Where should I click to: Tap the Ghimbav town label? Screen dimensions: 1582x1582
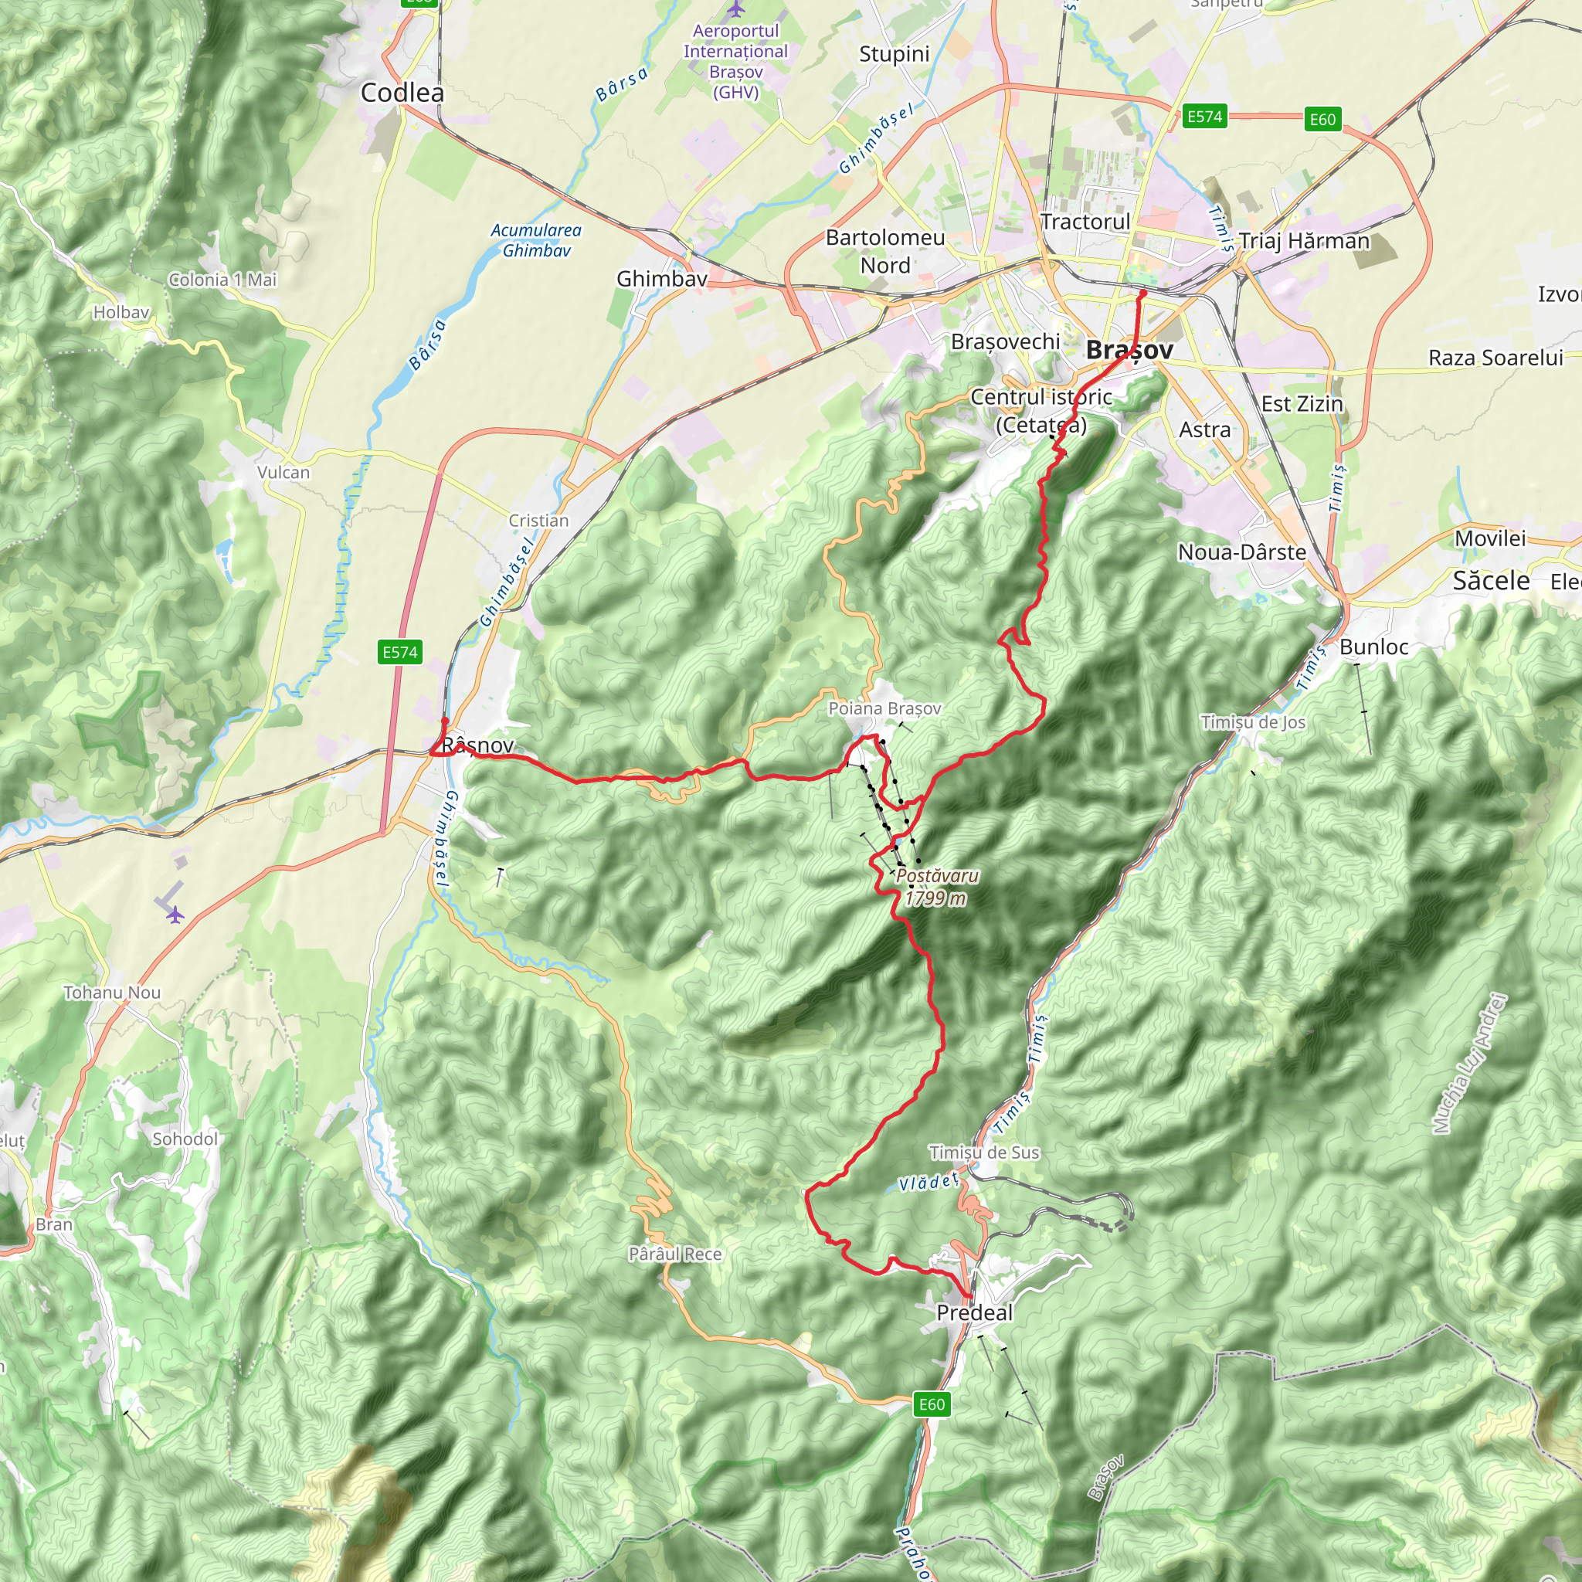(x=662, y=278)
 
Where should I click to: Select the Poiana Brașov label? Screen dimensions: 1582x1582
(x=884, y=708)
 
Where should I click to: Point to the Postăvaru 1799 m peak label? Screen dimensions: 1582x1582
(x=937, y=887)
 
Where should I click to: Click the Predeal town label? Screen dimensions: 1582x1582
(x=973, y=1312)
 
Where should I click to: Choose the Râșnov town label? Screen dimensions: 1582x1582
(x=477, y=745)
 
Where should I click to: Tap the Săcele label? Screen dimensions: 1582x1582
(x=1490, y=581)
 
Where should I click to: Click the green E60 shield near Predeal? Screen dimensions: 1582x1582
(x=932, y=1404)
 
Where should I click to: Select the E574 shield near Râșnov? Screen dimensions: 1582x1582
(x=400, y=652)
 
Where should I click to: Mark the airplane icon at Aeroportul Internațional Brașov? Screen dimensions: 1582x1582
(x=736, y=9)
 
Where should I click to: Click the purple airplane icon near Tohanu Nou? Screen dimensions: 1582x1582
(x=175, y=915)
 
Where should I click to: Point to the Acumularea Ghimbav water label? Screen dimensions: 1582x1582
(x=536, y=241)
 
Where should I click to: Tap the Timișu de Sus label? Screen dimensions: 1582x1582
(x=983, y=1152)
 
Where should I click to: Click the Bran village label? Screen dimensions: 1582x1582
(x=54, y=1224)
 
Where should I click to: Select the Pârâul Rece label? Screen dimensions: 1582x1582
(x=674, y=1254)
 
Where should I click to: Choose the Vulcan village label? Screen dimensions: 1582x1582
(x=283, y=473)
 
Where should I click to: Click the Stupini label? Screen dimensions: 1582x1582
(x=895, y=54)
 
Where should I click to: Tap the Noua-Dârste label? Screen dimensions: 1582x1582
(x=1241, y=552)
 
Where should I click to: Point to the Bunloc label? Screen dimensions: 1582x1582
(x=1373, y=647)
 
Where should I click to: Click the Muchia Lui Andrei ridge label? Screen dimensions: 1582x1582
(x=1470, y=1064)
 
